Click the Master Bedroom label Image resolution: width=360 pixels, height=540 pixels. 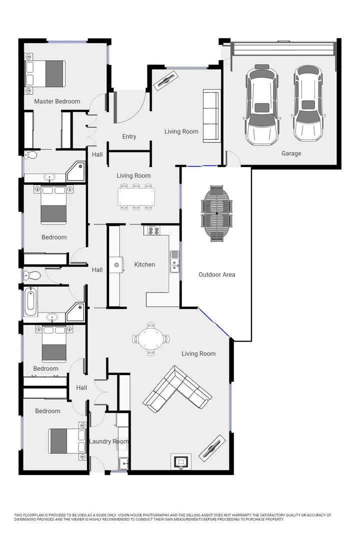[57, 101]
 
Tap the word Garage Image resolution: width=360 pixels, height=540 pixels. [291, 153]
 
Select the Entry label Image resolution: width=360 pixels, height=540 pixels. [129, 136]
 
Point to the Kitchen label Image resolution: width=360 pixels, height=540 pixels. [144, 264]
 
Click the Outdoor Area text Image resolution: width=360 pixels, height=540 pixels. [216, 274]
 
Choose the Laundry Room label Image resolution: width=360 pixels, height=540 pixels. [108, 441]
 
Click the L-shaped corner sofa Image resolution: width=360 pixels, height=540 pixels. [177, 389]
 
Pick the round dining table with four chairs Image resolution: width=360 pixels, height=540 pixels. [150, 339]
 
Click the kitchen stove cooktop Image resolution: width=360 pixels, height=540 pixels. [151, 230]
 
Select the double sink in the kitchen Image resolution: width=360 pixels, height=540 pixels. [174, 261]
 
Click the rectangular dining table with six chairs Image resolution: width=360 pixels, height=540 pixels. [136, 196]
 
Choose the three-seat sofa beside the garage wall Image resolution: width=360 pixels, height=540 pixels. [210, 115]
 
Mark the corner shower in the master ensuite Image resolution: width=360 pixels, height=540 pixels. [76, 170]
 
